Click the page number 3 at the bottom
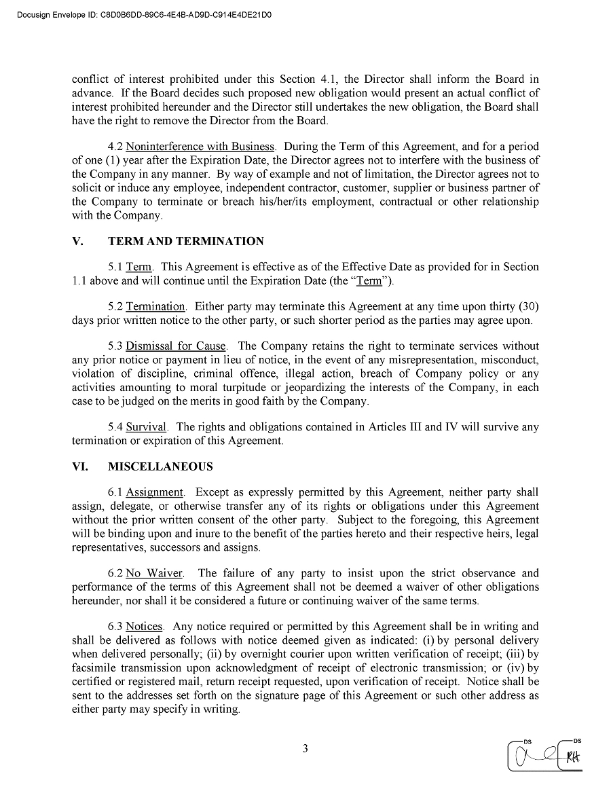coord(305,749)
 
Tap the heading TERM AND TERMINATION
coord(185,241)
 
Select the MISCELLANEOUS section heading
coord(160,466)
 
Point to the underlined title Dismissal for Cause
coord(176,346)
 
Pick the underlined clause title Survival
coord(146,427)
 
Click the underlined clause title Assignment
coord(155,492)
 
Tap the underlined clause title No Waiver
coord(154,574)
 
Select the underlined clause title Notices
coord(144,627)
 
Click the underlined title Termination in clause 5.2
coord(155,306)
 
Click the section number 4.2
coord(115,146)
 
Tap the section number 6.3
coord(115,627)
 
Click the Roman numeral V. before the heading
coord(77,241)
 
